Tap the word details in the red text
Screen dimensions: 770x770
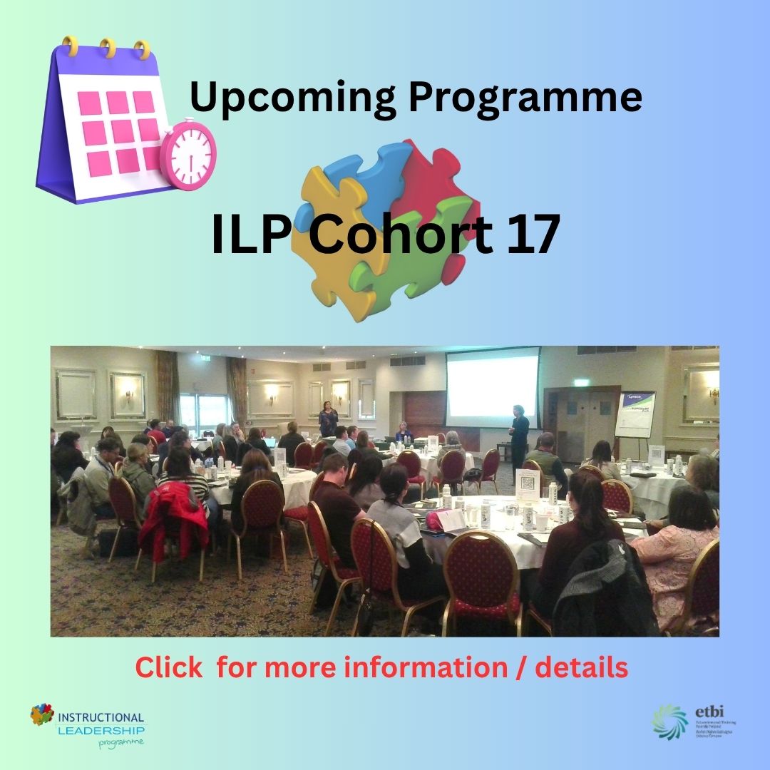(x=582, y=668)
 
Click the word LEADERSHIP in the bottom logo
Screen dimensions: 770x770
(x=101, y=730)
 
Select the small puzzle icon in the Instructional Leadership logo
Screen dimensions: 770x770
(x=42, y=714)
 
